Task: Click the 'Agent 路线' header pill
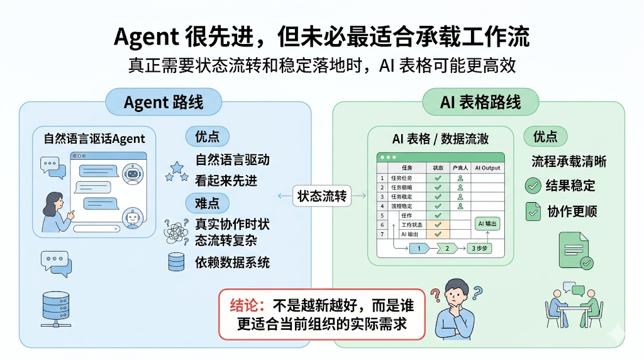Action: (164, 102)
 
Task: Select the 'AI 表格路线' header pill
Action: (480, 102)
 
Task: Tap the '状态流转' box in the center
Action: (321, 196)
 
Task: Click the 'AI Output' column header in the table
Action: (487, 168)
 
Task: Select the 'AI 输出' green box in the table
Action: (487, 223)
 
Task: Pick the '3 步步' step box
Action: (480, 248)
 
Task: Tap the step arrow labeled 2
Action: (448, 248)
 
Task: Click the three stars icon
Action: (176, 171)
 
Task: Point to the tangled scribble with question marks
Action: (175, 231)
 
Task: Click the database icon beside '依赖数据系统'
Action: (177, 262)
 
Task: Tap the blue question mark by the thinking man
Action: (478, 291)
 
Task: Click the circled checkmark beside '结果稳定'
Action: (533, 186)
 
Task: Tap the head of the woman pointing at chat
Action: (54, 201)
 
